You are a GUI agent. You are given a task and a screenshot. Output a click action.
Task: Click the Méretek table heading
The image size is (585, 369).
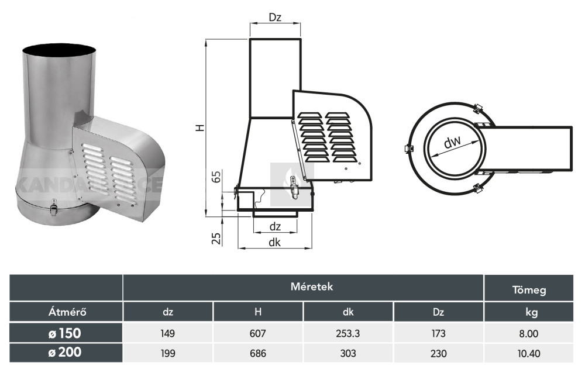click(303, 287)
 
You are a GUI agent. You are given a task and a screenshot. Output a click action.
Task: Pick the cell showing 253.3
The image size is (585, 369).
click(348, 334)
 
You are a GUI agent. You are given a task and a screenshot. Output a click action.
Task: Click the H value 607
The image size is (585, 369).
click(258, 334)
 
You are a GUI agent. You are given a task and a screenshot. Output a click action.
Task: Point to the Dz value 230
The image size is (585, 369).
click(438, 353)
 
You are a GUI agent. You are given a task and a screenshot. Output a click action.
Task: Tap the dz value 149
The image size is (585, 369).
click(168, 334)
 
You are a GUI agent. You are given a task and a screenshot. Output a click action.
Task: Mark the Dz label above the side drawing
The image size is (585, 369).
click(276, 18)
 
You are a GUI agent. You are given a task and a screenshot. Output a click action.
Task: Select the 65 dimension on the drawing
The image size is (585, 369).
click(215, 177)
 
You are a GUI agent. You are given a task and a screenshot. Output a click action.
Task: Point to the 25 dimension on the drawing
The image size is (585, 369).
click(216, 238)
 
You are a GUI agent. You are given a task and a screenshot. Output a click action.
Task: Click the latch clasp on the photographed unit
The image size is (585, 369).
click(54, 206)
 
